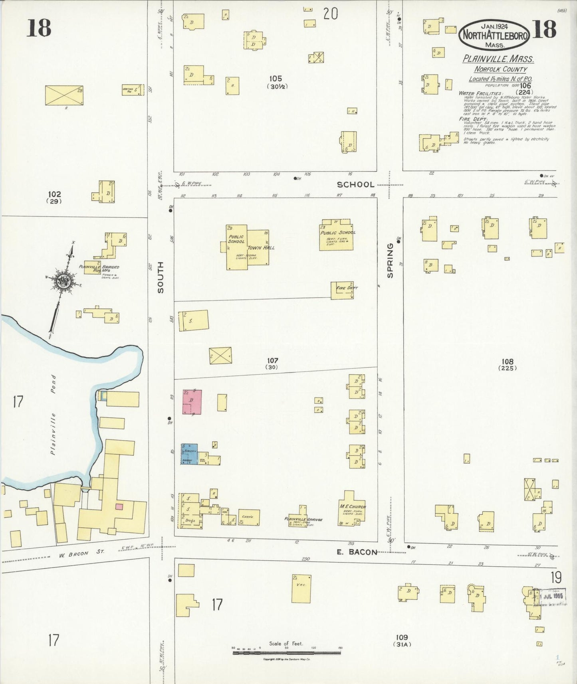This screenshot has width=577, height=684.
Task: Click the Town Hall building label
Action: (x=261, y=247)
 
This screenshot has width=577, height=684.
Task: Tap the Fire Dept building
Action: (x=343, y=290)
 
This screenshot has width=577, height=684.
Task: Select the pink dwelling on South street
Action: (x=192, y=401)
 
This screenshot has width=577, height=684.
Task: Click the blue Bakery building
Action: (x=189, y=454)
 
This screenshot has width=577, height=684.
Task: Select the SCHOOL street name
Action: (x=355, y=184)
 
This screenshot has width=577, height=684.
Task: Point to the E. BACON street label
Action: (x=357, y=552)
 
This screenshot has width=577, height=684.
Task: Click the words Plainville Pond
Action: (x=53, y=415)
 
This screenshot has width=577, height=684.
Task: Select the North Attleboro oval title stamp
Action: (x=494, y=36)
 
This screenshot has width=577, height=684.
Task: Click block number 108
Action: (x=508, y=362)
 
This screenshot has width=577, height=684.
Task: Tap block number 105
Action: (x=276, y=79)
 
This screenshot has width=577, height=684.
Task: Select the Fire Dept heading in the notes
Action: (x=473, y=119)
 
